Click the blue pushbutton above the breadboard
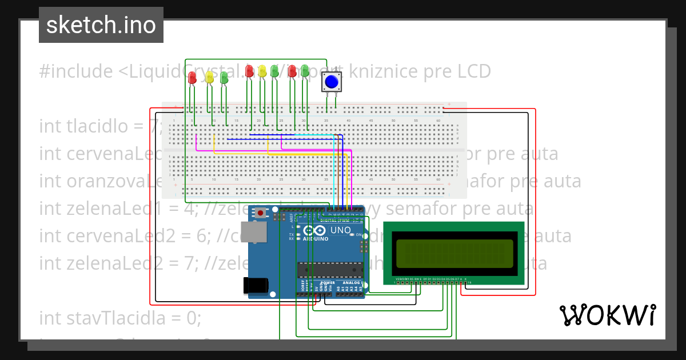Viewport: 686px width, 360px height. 331,82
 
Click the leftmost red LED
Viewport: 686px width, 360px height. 192,77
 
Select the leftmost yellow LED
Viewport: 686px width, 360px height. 209,77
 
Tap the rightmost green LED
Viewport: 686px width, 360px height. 304,71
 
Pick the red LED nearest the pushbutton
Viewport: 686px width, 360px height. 292,71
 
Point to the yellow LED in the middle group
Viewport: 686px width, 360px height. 262,71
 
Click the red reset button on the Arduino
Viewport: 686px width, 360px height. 261,213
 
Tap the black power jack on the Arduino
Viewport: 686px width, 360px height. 256,285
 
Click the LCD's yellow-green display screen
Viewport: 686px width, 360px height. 454,254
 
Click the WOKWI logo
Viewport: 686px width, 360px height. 607,315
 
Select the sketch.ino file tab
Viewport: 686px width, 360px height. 101,25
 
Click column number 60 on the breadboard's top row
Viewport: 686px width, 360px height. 438,121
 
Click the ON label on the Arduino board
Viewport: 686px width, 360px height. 359,235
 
